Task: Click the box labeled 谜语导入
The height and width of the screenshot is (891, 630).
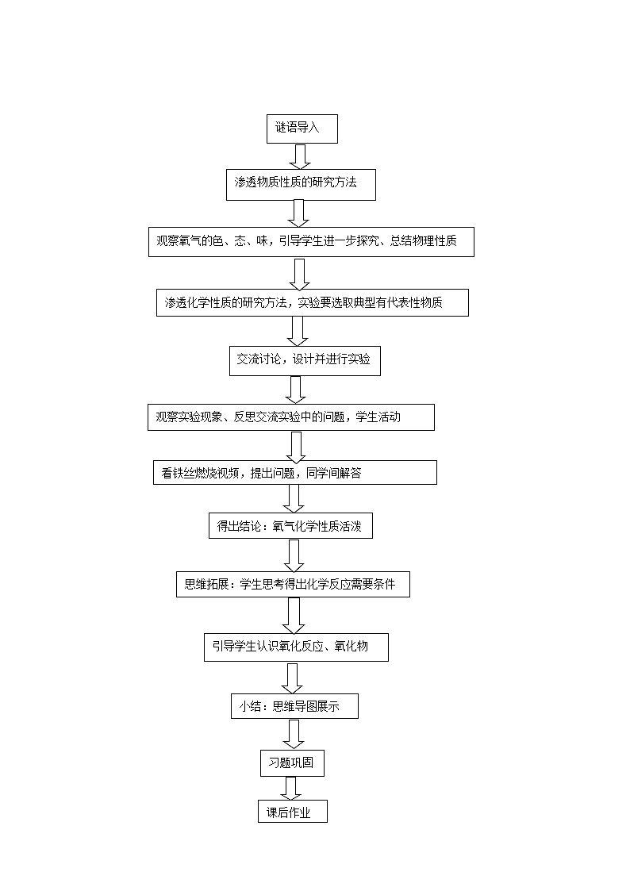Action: click(x=302, y=129)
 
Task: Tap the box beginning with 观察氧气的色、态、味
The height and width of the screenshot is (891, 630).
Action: click(x=311, y=242)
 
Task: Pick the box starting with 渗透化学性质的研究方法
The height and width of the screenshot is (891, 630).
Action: click(x=312, y=302)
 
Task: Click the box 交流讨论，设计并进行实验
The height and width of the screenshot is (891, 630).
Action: click(x=305, y=360)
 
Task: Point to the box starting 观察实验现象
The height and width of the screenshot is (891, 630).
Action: click(x=290, y=417)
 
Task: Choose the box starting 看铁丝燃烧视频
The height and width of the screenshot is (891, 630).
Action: click(x=294, y=473)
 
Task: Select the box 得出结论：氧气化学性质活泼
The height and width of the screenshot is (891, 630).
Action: click(x=290, y=526)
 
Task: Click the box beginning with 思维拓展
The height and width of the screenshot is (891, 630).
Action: click(x=293, y=585)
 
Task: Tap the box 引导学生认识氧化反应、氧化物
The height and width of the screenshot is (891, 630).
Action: click(x=296, y=647)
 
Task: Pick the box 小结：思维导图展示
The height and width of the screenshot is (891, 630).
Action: click(x=294, y=706)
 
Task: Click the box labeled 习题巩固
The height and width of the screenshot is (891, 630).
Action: click(x=292, y=762)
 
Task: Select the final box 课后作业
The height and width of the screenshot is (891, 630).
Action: click(x=292, y=811)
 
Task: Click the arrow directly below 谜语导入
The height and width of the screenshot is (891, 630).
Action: click(x=299, y=156)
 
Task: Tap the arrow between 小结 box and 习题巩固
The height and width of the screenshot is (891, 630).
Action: click(x=294, y=733)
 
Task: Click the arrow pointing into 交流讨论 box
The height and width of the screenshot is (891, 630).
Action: click(x=299, y=331)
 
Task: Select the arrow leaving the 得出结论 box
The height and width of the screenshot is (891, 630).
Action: click(x=294, y=555)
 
